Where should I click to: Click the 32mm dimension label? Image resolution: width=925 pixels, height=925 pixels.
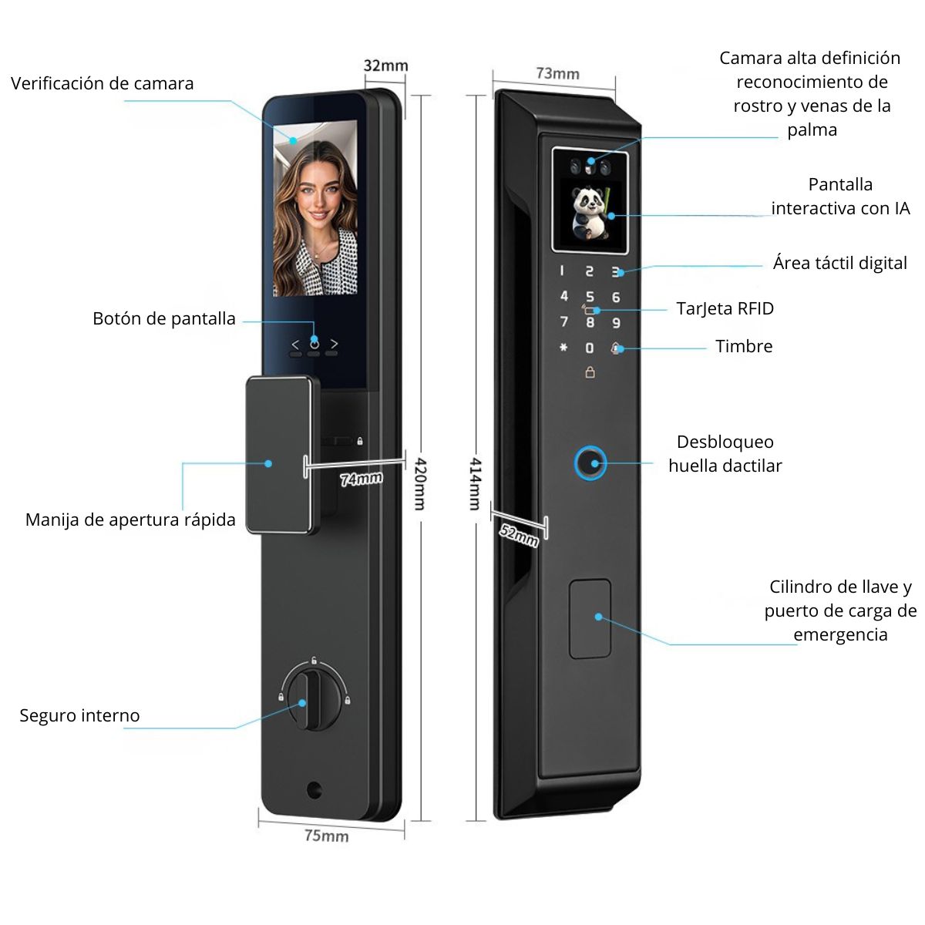[x=385, y=66]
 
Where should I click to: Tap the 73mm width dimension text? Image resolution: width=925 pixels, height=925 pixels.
[x=557, y=73]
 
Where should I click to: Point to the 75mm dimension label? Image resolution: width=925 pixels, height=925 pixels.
[x=326, y=836]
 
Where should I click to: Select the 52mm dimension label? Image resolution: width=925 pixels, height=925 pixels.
[x=519, y=535]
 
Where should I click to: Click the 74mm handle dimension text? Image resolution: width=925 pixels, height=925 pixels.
[x=361, y=479]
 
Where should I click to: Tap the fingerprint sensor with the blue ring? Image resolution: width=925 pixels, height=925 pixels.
[x=590, y=463]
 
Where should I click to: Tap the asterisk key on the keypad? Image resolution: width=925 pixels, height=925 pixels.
[x=563, y=347]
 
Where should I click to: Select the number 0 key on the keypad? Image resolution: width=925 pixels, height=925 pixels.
[x=590, y=348]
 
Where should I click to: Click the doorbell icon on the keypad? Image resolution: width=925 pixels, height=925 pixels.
[x=615, y=348]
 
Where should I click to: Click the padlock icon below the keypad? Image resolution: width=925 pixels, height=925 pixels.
[x=590, y=372]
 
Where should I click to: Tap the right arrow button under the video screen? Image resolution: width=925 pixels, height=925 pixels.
[x=334, y=344]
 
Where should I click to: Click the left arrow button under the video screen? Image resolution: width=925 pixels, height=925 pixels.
[x=295, y=344]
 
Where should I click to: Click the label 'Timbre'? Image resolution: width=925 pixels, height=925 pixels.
[x=744, y=346]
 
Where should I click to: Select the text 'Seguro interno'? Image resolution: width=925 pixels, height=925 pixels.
[x=79, y=715]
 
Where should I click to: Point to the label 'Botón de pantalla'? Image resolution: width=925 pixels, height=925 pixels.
[x=163, y=318]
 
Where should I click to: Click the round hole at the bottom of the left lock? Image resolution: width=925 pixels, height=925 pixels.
[x=314, y=789]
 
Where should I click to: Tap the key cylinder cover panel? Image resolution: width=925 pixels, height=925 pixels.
[x=590, y=619]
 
